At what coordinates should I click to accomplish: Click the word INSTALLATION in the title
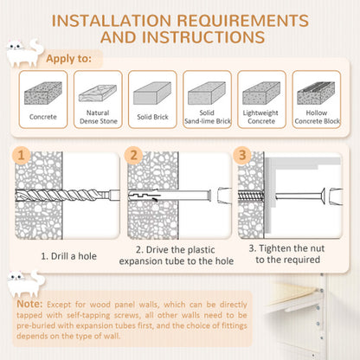(112, 21)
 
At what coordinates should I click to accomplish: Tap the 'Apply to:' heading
(68, 59)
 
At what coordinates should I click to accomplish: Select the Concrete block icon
(43, 93)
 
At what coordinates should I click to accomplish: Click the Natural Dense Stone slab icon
(98, 93)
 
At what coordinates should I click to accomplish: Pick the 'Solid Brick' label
(152, 117)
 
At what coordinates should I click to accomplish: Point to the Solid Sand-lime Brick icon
(207, 93)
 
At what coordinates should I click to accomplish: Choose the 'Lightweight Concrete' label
(261, 117)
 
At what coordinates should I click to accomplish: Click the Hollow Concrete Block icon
(316, 93)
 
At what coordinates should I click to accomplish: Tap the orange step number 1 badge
(21, 155)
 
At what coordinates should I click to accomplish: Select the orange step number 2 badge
(133, 155)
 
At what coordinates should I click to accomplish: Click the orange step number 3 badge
(242, 155)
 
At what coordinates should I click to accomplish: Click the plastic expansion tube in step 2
(170, 196)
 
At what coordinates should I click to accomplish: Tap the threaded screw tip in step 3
(251, 196)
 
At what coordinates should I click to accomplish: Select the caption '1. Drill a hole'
(68, 256)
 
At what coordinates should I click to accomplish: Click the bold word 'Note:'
(29, 304)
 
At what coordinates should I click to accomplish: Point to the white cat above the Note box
(25, 283)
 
